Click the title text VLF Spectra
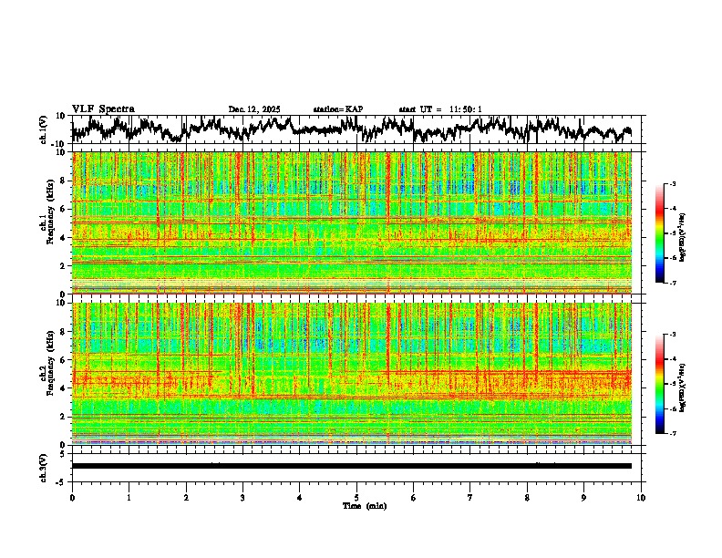pyautogui.click(x=103, y=108)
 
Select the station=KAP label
pyautogui.click(x=338, y=109)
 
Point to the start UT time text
pyautogui.click(x=440, y=109)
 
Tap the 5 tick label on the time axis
pyautogui.click(x=357, y=498)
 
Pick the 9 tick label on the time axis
pyautogui.click(x=584, y=498)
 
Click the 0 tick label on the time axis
pyautogui.click(x=72, y=498)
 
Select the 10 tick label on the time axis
pyautogui.click(x=641, y=498)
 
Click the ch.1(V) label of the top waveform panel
pyautogui.click(x=43, y=129)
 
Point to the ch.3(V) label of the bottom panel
pyautogui.click(x=43, y=466)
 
